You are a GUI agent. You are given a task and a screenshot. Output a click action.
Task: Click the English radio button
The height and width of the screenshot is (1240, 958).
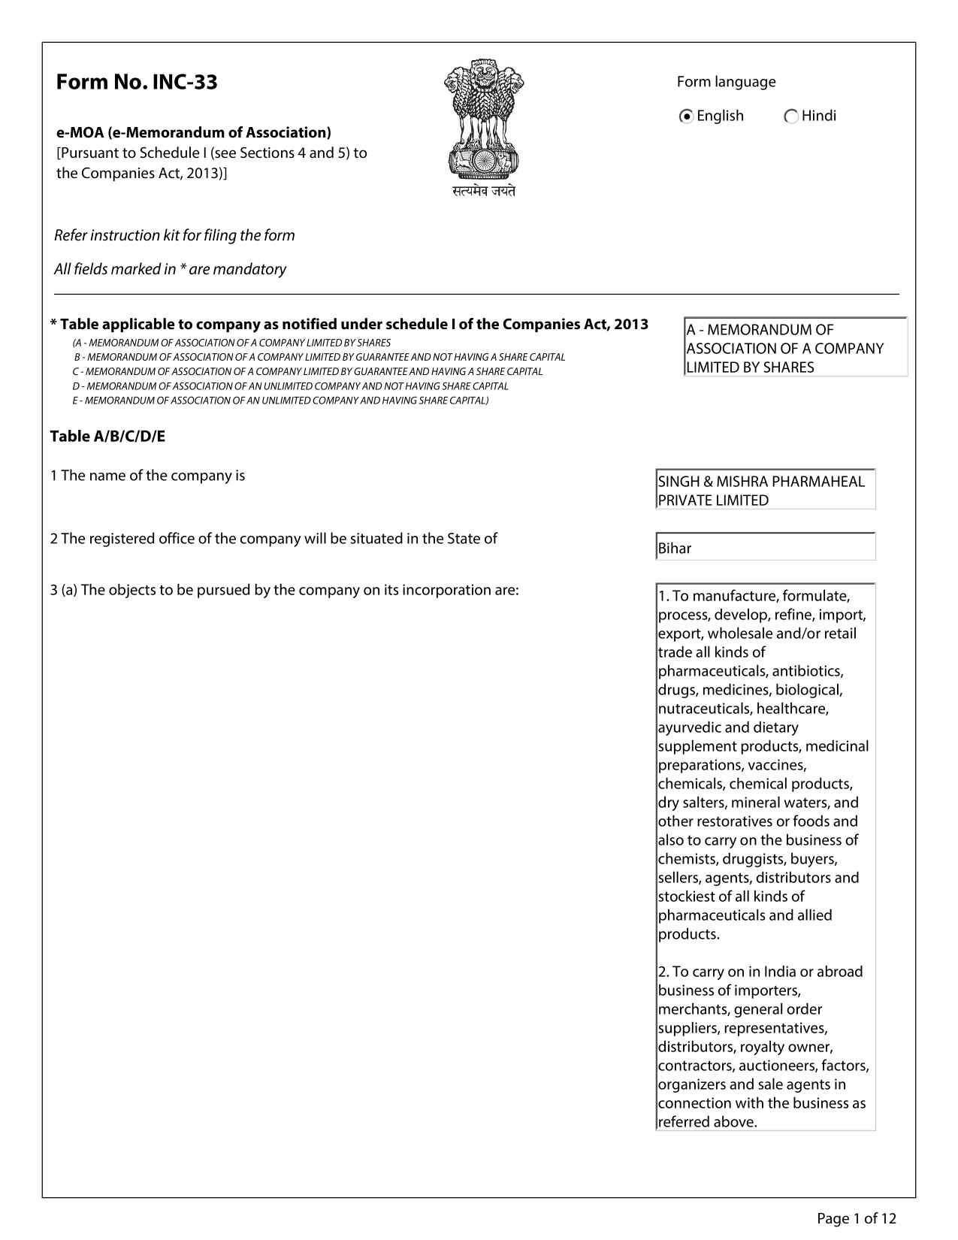(685, 116)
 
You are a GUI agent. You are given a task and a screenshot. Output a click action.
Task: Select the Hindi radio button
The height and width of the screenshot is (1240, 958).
(790, 116)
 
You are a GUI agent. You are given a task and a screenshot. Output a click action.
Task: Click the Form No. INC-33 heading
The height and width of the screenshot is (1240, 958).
(137, 82)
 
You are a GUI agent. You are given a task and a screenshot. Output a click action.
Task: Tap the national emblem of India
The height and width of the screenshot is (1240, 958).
(483, 119)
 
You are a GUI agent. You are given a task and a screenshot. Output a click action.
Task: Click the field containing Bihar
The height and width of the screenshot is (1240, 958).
(765, 547)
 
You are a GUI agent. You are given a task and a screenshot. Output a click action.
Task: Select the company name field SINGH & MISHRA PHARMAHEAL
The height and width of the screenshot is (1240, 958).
(765, 490)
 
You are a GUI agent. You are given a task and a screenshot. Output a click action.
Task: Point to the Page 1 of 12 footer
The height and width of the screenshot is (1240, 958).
(856, 1218)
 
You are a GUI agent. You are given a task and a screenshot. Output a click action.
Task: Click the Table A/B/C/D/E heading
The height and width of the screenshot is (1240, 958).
(107, 437)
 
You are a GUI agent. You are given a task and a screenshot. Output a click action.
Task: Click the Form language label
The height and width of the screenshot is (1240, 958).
(726, 82)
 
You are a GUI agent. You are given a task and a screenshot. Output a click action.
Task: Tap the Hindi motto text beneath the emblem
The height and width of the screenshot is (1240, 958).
(484, 192)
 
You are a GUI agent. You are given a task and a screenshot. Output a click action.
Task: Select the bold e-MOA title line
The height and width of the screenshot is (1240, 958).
(194, 133)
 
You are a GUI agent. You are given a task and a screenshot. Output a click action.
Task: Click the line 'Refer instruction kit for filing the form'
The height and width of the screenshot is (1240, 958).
(174, 236)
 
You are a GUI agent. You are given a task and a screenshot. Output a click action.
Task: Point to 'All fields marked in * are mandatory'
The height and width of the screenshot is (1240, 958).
(170, 269)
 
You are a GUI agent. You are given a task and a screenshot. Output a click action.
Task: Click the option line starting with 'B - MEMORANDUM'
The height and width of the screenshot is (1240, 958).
(319, 357)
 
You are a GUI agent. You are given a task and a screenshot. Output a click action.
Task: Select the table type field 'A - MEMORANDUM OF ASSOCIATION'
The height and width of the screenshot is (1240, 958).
(795, 348)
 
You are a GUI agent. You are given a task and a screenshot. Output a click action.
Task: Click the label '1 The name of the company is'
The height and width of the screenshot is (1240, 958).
(147, 476)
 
